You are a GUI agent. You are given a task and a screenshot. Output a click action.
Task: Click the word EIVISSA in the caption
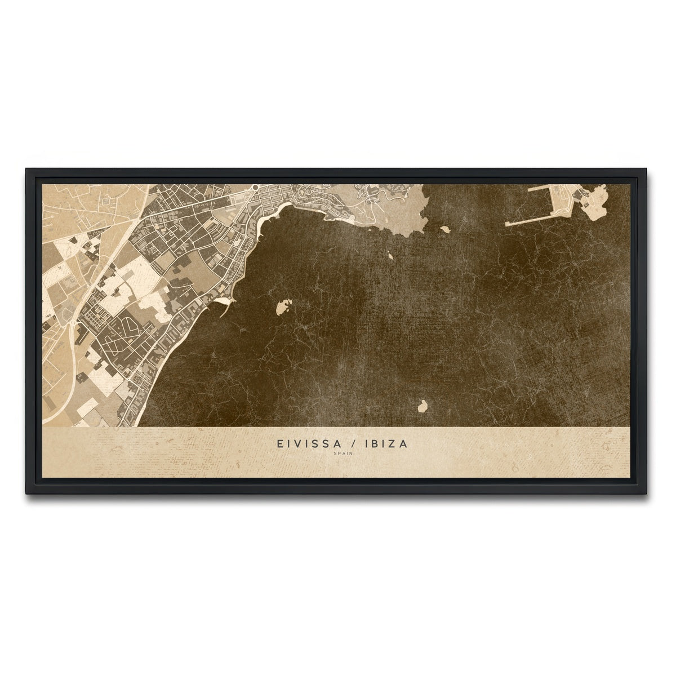coord(303,444)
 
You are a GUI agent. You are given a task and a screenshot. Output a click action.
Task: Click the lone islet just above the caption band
coord(422,405)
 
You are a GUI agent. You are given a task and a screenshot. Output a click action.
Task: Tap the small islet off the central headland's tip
coord(444,229)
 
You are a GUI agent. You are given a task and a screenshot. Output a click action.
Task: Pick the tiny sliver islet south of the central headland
coord(392,255)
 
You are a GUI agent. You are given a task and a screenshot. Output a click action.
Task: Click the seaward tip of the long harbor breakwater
coord(507,224)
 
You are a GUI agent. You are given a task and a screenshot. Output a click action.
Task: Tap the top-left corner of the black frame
coord(26,168)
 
